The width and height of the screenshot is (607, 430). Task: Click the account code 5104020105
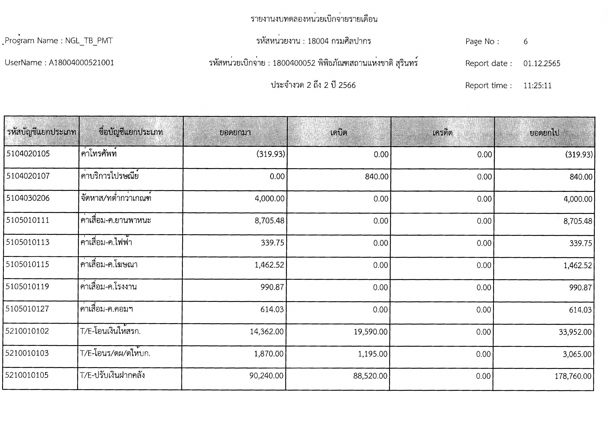pos(28,154)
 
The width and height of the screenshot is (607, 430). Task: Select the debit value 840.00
pos(377,177)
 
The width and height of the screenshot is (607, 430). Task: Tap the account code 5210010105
pos(27,375)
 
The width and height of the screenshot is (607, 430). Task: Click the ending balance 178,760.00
pos(573,376)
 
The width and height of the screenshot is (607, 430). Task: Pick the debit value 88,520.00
pos(370,376)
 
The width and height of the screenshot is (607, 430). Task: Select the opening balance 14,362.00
pos(267,331)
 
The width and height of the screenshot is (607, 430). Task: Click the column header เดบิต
pos(339,132)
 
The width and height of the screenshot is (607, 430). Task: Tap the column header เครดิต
pos(442,132)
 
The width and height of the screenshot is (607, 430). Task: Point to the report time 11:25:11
pos(537,86)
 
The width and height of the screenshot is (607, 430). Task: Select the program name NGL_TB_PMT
pos(89,41)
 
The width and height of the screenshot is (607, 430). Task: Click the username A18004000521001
pos(81,63)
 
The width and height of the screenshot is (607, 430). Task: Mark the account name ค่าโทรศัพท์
pos(99,154)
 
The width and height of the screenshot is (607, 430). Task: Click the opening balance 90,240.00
pos(266,376)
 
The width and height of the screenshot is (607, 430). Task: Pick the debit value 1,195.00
pos(373,354)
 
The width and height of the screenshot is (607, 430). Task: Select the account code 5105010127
pos(27,309)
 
